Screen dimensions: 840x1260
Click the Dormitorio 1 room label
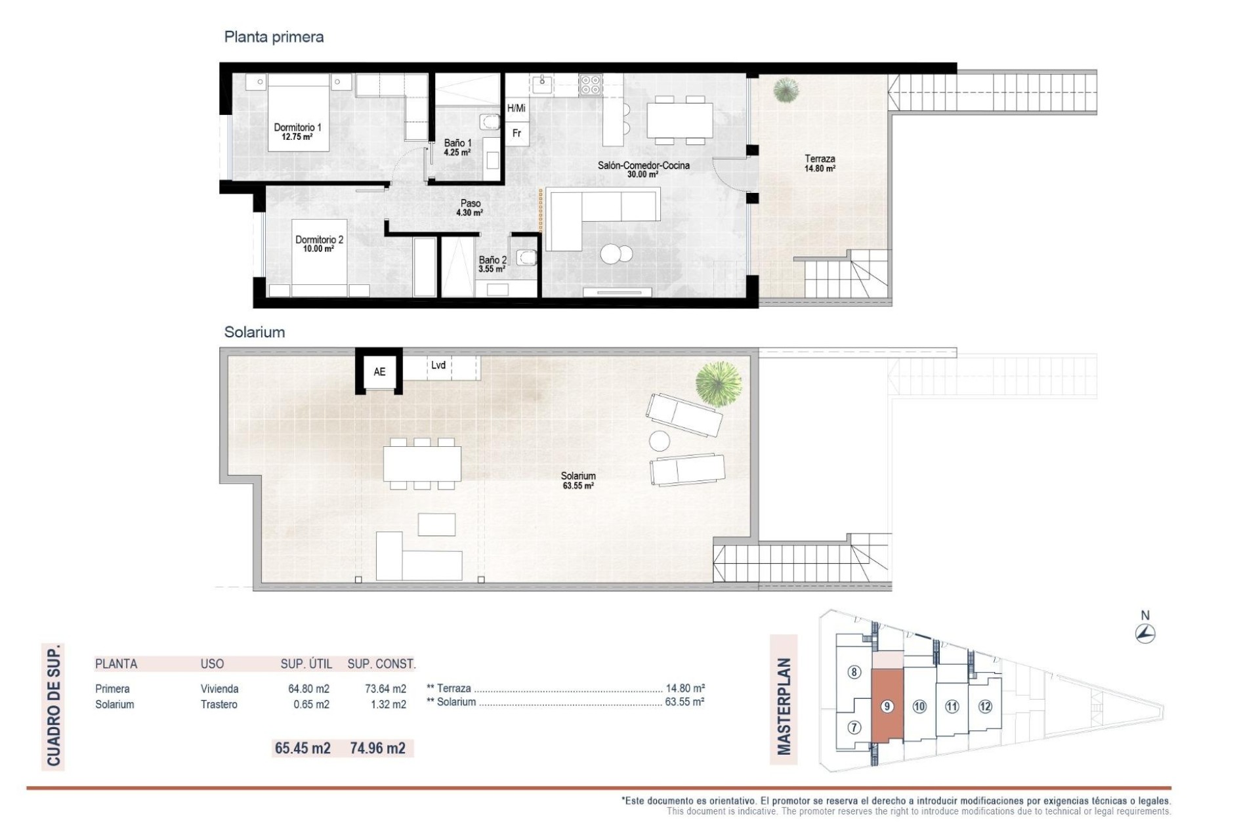297,132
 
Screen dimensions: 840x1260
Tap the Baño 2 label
492,264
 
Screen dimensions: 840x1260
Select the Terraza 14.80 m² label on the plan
820,163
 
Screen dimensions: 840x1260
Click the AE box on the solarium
379,372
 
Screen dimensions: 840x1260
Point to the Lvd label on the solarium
438,366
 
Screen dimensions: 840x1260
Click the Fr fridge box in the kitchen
516,133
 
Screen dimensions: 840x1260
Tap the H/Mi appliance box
516,108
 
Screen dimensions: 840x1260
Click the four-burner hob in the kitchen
590,85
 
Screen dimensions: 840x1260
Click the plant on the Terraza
786,90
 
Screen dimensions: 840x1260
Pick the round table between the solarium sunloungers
660,440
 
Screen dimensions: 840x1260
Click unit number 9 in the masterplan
887,706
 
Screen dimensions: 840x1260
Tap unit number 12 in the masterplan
984,706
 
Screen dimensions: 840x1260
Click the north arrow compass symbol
1145,633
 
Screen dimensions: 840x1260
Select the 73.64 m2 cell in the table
385,688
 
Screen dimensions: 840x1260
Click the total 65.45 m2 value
303,748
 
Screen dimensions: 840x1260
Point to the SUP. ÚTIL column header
306,664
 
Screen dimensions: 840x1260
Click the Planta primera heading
274,37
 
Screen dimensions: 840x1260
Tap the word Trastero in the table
219,704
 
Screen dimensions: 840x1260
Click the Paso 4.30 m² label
470,208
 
